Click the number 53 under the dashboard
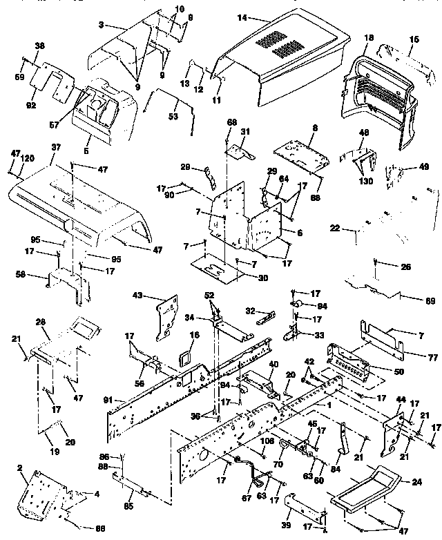pos(172,116)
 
